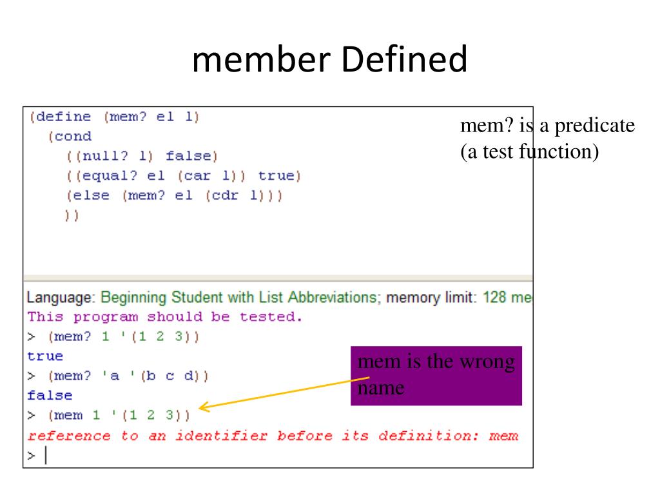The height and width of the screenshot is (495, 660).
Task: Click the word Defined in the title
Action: pyautogui.click(x=404, y=59)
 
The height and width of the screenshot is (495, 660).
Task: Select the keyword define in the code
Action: pyautogui.click(x=63, y=117)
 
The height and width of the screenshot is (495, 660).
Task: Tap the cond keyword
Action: pyautogui.click(x=73, y=137)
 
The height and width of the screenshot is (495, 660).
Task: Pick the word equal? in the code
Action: pyautogui.click(x=110, y=176)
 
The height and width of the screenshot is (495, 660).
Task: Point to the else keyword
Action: pyautogui.click(x=91, y=195)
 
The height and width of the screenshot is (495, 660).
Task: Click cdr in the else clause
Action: pyautogui.click(x=225, y=195)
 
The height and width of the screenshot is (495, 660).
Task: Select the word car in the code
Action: pyautogui.click(x=197, y=176)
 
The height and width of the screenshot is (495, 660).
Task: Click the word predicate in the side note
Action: pyautogui.click(x=594, y=126)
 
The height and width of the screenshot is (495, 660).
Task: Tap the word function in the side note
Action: pyautogui.click(x=555, y=151)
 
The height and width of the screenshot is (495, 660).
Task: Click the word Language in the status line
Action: pyautogui.click(x=59, y=298)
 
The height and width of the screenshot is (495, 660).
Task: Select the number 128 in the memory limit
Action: pyautogui.click(x=494, y=297)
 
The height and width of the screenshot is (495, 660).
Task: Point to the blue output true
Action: pyautogui.click(x=45, y=356)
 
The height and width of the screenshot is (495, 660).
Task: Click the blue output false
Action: pyautogui.click(x=50, y=395)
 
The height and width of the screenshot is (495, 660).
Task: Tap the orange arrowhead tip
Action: pyautogui.click(x=199, y=407)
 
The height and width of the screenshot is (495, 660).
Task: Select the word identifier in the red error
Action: pyautogui.click(x=222, y=436)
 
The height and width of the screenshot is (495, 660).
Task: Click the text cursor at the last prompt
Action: pyautogui.click(x=46, y=455)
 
